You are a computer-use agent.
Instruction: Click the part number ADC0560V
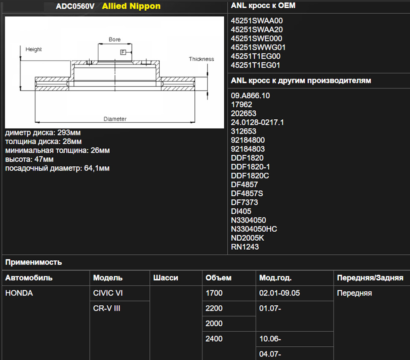click(75, 6)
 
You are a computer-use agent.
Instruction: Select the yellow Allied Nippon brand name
click(131, 6)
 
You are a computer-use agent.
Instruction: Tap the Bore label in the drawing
click(114, 39)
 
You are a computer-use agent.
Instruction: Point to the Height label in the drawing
click(33, 49)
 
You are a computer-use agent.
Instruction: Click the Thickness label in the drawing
click(201, 59)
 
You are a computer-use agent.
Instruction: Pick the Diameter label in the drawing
click(115, 119)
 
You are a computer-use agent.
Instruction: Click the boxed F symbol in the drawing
click(123, 52)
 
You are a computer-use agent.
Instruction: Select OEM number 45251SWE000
click(256, 38)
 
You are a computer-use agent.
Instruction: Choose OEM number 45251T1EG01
click(255, 65)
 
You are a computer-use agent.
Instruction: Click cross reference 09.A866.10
click(250, 96)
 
